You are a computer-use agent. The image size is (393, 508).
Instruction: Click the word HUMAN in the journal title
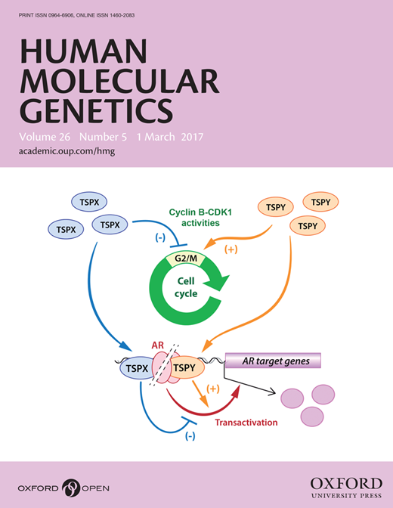(x=84, y=51)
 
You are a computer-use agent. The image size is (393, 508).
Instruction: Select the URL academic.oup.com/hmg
(x=67, y=151)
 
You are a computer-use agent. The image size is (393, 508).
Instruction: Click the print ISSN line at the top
(x=76, y=15)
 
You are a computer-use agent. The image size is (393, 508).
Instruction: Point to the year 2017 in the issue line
(x=192, y=137)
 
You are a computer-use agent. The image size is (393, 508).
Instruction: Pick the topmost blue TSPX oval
(x=89, y=202)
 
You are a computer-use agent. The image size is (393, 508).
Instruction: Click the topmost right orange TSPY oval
(x=320, y=202)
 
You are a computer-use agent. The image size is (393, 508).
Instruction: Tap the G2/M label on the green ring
(x=186, y=259)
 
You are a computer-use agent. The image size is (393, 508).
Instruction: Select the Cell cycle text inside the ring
(x=186, y=287)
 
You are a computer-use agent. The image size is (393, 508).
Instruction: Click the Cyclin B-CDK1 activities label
(x=200, y=218)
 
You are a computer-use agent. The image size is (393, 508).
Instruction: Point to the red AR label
(x=158, y=345)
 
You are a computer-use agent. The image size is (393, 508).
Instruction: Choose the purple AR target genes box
(x=273, y=361)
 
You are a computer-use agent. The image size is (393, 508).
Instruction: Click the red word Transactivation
(x=246, y=423)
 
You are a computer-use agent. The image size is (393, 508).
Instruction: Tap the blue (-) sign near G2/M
(x=160, y=237)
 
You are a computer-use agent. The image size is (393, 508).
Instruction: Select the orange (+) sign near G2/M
(x=231, y=249)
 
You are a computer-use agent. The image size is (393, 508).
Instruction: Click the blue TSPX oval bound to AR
(x=137, y=368)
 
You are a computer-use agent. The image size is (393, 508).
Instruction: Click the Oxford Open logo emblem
(x=70, y=488)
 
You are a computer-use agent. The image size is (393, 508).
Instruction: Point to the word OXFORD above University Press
(x=346, y=484)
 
